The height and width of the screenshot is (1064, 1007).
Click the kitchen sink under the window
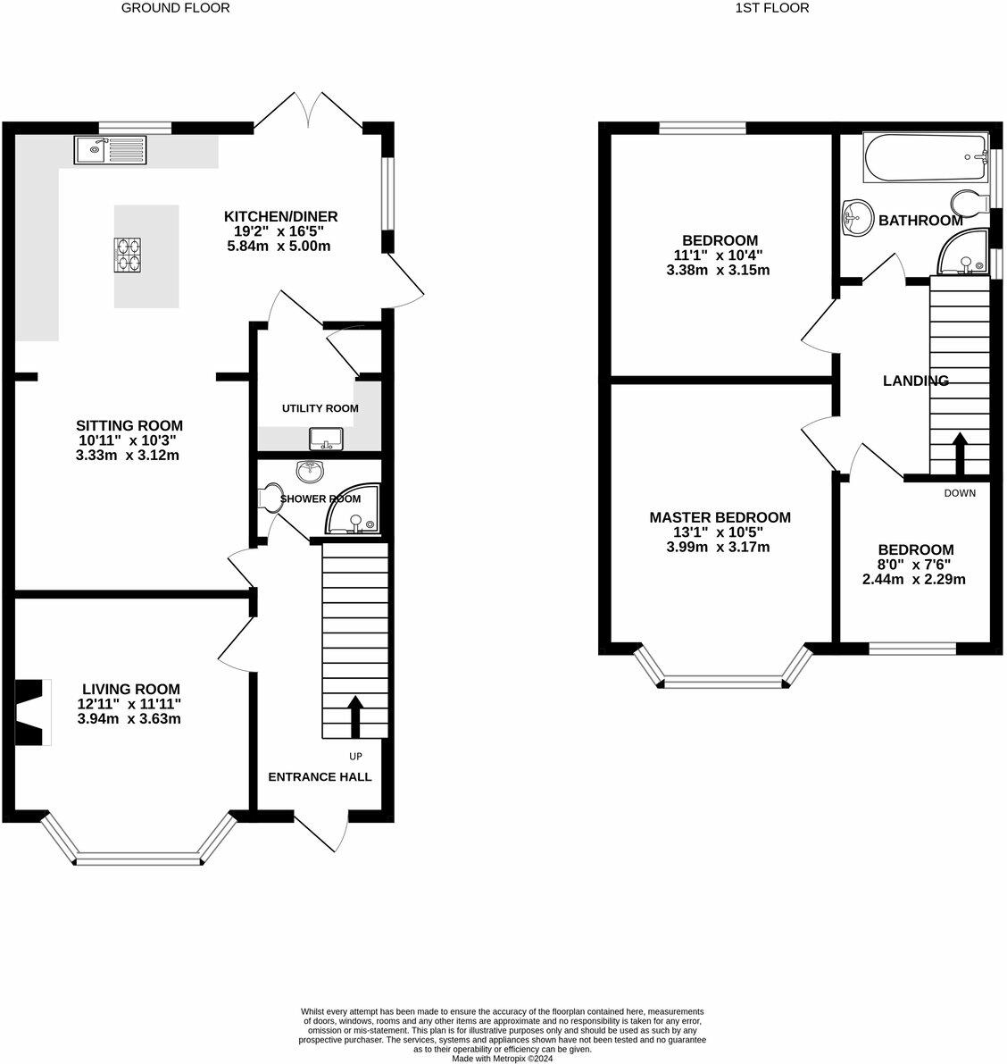pyautogui.click(x=110, y=150)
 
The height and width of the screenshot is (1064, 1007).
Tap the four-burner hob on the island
pyautogui.click(x=128, y=255)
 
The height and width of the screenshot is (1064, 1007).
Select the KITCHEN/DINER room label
pyautogui.click(x=280, y=216)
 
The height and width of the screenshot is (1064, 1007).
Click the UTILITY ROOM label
pyautogui.click(x=320, y=408)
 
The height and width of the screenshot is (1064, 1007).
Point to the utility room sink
pyautogui.click(x=326, y=439)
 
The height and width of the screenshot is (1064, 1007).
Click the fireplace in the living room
pyautogui.click(x=31, y=712)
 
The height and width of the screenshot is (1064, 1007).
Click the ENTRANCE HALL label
pyautogui.click(x=320, y=776)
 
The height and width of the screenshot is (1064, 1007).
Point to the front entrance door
pyautogui.click(x=321, y=834)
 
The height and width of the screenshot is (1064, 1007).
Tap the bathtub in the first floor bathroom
pyautogui.click(x=925, y=159)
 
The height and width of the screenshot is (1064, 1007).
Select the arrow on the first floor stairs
pyautogui.click(x=960, y=455)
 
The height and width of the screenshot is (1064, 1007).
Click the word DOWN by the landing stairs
pyautogui.click(x=960, y=493)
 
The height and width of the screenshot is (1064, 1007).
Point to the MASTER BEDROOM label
pyautogui.click(x=720, y=517)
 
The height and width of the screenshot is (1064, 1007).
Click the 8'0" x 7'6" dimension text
pyautogui.click(x=914, y=565)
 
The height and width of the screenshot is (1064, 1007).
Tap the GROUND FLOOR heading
pyautogui.click(x=175, y=8)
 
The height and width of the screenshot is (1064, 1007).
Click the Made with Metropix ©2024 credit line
pyautogui.click(x=503, y=1059)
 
